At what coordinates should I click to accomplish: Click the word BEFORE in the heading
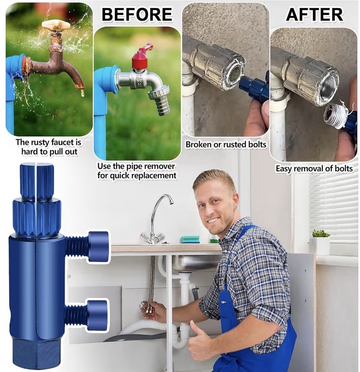coord(137,14)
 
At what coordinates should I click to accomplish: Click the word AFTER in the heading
coord(314,14)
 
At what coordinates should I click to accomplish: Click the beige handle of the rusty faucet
coord(56,25)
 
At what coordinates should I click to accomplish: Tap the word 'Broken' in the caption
coord(199,144)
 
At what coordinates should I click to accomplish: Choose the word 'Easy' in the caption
coord(284,169)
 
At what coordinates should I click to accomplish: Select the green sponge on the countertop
coord(190,239)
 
